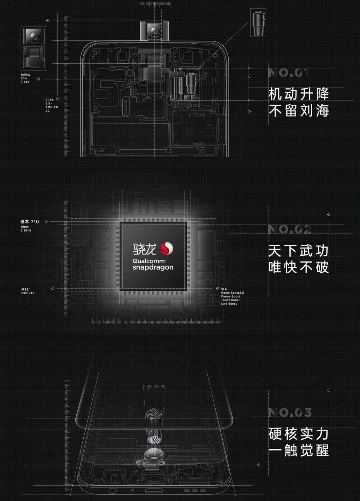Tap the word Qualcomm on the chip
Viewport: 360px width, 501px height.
pyautogui.click(x=149, y=261)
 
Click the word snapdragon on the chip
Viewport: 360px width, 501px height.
pyautogui.click(x=153, y=267)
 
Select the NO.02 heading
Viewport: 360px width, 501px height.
pyautogui.click(x=290, y=229)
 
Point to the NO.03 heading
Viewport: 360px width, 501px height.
pyautogui.click(x=290, y=413)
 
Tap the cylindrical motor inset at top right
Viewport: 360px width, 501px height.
pyautogui.click(x=258, y=23)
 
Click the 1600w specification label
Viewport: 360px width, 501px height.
pyautogui.click(x=25, y=75)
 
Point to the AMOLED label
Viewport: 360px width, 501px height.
pyautogui.click(x=52, y=107)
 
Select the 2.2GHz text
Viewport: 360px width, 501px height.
pyautogui.click(x=26, y=230)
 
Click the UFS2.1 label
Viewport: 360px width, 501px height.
pyautogui.click(x=26, y=289)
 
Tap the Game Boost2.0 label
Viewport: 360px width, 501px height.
pyautogui.click(x=232, y=293)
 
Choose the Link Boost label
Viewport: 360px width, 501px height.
pyautogui.click(x=229, y=304)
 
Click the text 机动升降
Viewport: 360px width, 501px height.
pyautogui.click(x=299, y=94)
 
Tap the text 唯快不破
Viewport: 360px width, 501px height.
pyautogui.click(x=299, y=267)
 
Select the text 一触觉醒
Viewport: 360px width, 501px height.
pyautogui.click(x=299, y=451)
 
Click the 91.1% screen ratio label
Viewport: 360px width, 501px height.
pyautogui.click(x=49, y=100)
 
